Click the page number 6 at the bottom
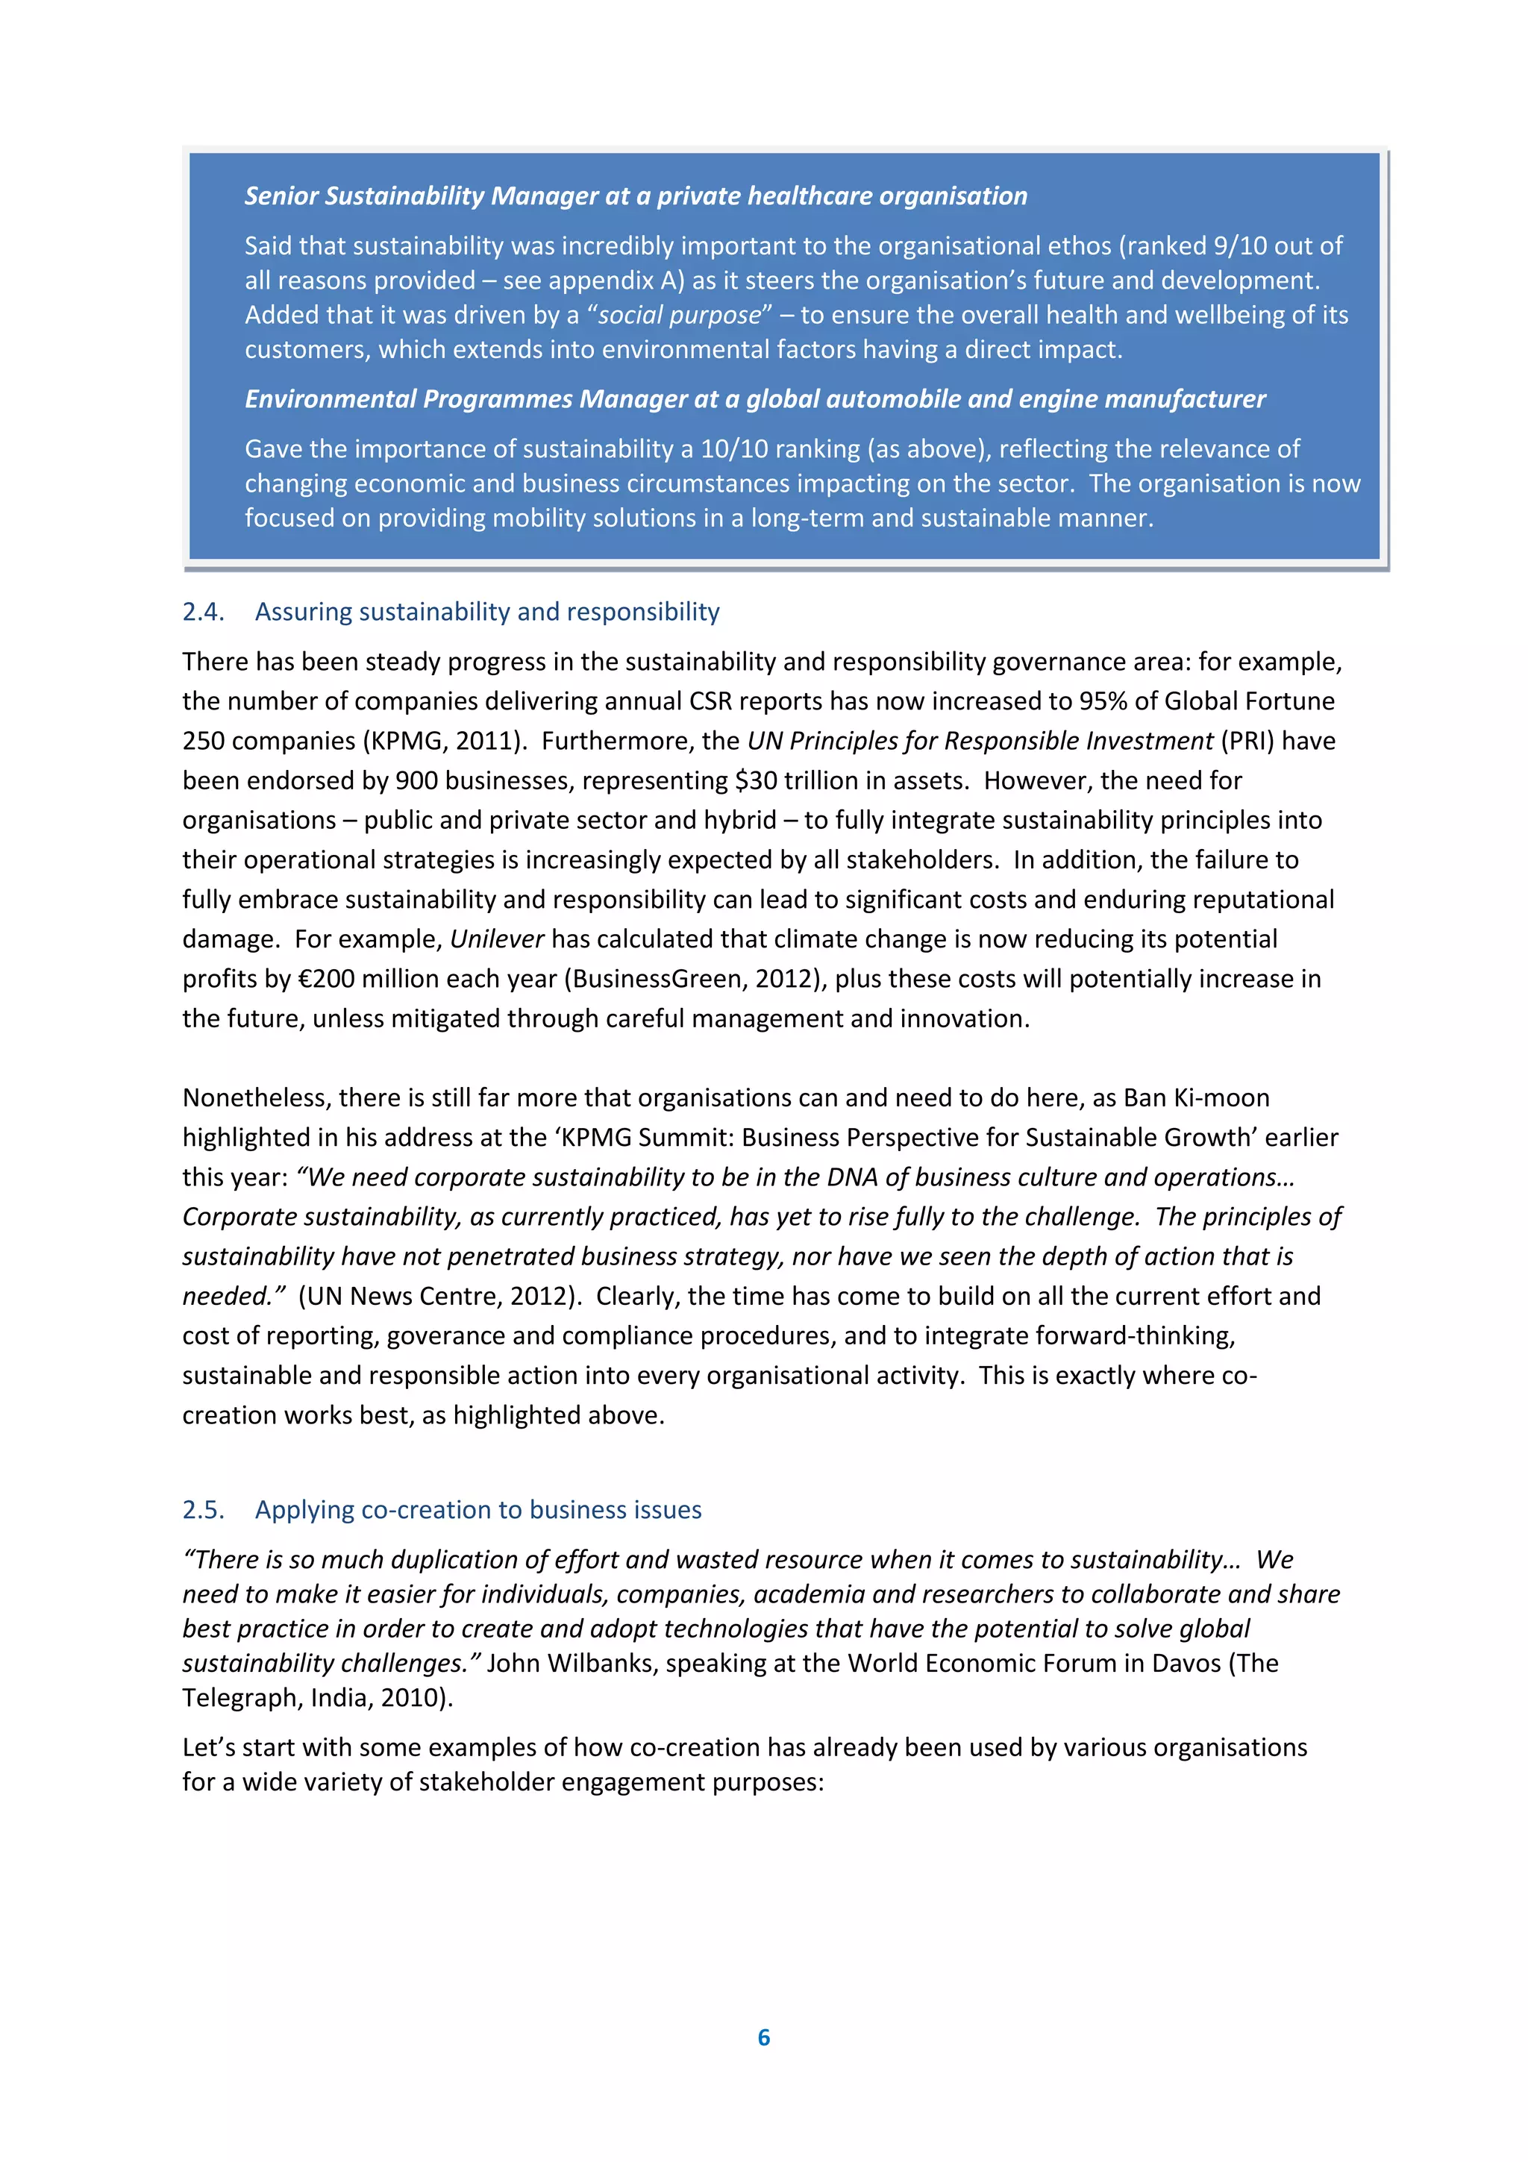point(763,2037)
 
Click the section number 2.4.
point(202,612)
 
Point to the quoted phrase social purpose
point(679,316)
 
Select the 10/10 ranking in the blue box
point(734,449)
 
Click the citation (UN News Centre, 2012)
point(438,1297)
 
